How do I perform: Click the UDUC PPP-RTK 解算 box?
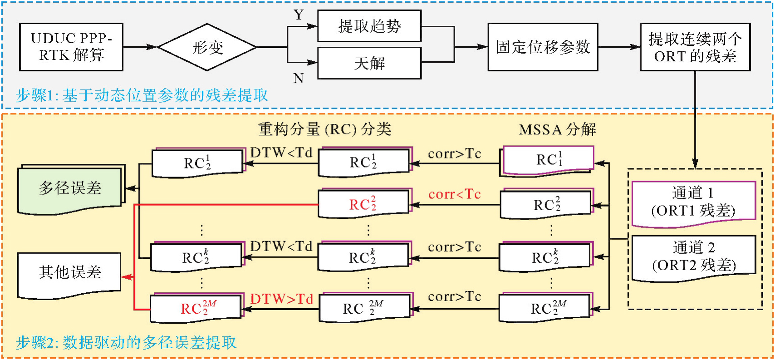coord(71,47)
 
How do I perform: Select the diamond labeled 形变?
coord(207,47)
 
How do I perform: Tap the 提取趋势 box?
coord(369,26)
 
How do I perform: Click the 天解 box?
coord(369,63)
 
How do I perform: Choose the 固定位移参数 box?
coord(543,47)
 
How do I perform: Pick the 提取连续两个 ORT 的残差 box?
coord(695,47)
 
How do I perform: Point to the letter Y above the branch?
coord(299,15)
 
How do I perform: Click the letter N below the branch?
coord(298,79)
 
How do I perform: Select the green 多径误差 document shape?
coord(70,188)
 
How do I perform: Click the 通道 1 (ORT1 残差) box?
coord(693,202)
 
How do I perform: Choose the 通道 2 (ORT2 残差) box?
coord(693,257)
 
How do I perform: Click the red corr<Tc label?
coord(454,194)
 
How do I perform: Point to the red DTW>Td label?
coord(282,299)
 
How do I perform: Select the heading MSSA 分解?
coord(557,130)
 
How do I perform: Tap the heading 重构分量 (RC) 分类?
coord(324,129)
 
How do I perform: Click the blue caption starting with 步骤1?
coord(142,95)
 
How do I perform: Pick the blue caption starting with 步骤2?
coord(126,342)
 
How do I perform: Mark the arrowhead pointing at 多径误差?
coord(130,188)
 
